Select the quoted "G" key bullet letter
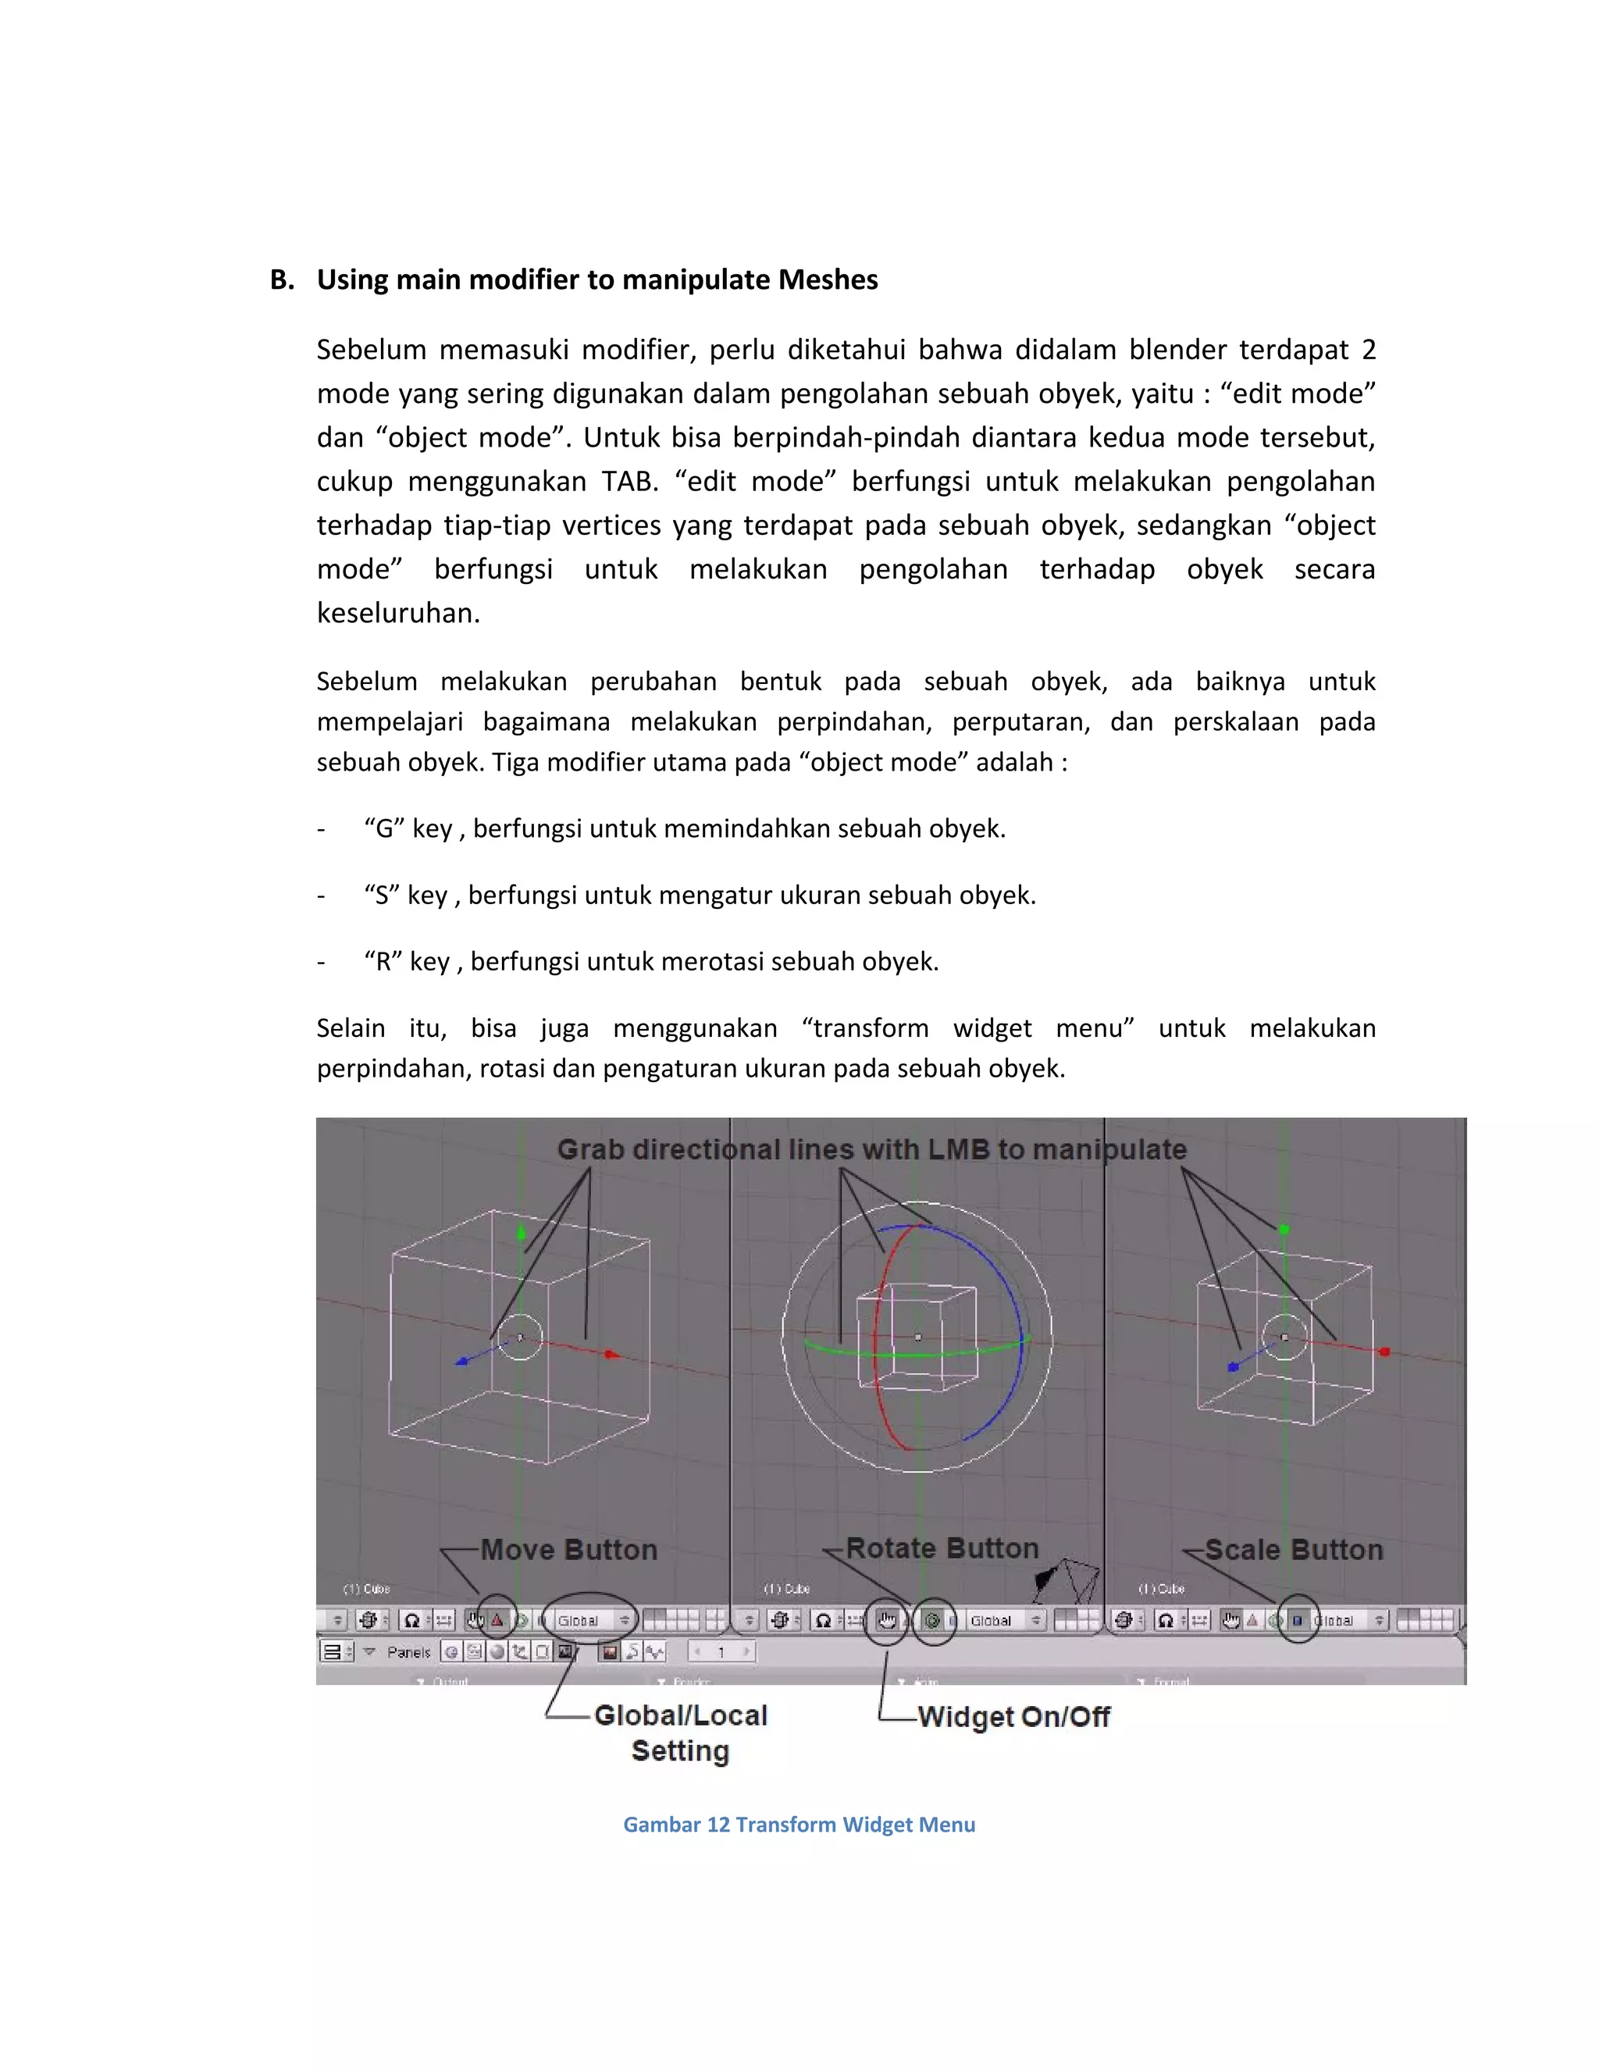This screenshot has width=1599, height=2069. click(x=383, y=829)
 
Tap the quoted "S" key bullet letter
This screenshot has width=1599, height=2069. click(x=382, y=896)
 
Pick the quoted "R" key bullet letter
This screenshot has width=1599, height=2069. click(x=383, y=963)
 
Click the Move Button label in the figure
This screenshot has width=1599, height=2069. click(x=568, y=1551)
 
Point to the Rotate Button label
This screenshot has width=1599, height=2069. click(x=942, y=1549)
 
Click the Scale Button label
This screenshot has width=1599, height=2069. click(x=1293, y=1551)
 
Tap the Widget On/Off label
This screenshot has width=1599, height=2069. click(x=1013, y=1717)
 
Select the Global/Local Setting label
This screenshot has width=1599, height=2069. click(x=680, y=1732)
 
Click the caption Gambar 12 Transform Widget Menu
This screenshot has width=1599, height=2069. click(x=799, y=1825)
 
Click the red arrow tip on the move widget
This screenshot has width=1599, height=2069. click(x=612, y=1355)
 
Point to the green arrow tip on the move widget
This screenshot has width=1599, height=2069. click(x=521, y=1233)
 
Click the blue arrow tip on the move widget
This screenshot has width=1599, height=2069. click(x=462, y=1362)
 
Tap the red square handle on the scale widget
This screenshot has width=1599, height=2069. click(x=1385, y=1351)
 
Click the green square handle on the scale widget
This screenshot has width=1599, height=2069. click(x=1284, y=1230)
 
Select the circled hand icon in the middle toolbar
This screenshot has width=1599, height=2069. click(x=888, y=1621)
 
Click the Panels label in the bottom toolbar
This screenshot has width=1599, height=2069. click(x=408, y=1652)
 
